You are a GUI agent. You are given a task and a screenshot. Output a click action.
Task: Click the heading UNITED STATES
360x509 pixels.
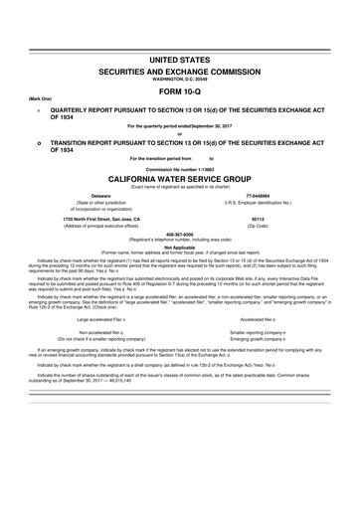click(179, 61)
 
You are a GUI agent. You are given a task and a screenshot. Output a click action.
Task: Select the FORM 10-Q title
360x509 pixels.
click(179, 95)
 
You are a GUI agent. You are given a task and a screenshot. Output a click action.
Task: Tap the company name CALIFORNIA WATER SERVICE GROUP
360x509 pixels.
click(179, 181)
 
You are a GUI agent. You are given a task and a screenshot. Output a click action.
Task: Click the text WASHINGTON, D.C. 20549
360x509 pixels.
click(179, 82)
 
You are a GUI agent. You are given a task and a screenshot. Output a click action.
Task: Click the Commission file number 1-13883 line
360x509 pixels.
click(179, 171)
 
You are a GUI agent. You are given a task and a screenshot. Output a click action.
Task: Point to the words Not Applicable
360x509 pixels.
click(179, 250)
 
